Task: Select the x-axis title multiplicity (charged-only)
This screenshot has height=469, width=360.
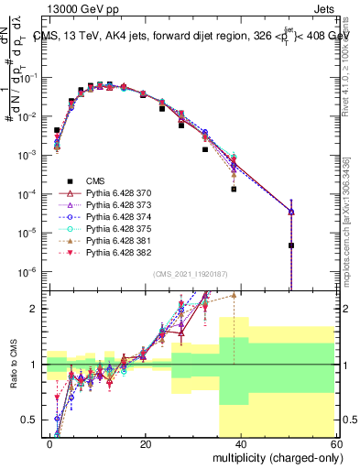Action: (x=272, y=457)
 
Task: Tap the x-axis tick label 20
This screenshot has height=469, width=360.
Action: (x=145, y=443)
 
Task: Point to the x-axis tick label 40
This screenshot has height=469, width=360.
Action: (x=241, y=443)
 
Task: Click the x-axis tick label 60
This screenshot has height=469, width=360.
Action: (x=335, y=443)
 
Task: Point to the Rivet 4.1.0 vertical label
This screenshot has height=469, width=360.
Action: (x=348, y=55)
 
